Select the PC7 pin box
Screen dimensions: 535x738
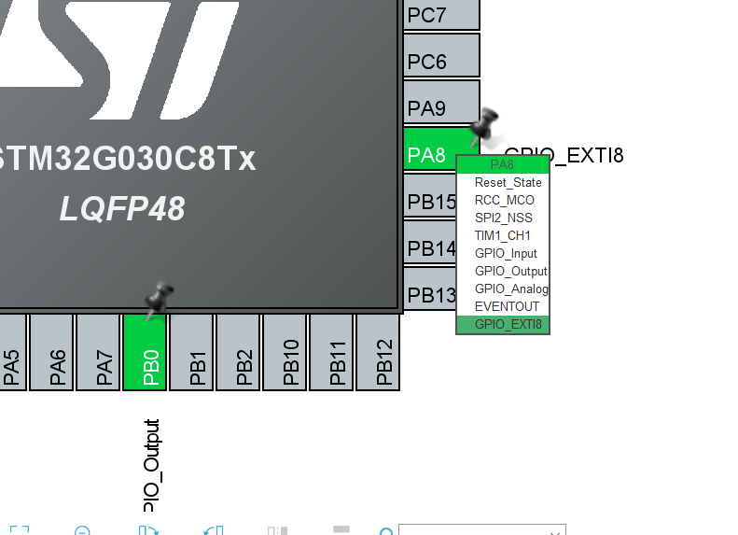click(440, 15)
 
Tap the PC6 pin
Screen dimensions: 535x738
click(440, 61)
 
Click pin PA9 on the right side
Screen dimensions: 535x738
click(440, 107)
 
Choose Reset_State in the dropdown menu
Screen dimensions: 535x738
click(508, 182)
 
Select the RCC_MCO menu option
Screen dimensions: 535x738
click(504, 200)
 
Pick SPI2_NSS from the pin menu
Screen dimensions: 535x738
click(503, 218)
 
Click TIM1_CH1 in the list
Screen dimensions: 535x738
click(502, 235)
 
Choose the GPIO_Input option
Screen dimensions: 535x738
click(505, 253)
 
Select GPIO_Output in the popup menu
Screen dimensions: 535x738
click(509, 271)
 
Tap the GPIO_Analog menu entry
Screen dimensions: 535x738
click(509, 289)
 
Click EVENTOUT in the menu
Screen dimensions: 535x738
click(507, 306)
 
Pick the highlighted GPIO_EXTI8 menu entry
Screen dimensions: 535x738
click(507, 324)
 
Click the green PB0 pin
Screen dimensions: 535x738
click(146, 352)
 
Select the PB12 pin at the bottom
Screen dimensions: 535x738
click(379, 352)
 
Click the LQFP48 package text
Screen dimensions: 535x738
click(122, 208)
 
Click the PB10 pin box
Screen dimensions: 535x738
click(285, 352)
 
